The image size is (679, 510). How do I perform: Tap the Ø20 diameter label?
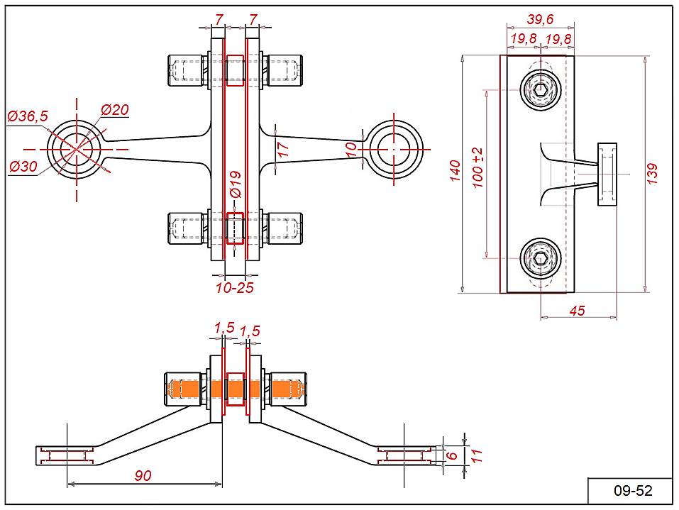coord(114,109)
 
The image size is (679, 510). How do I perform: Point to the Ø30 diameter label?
coord(24,167)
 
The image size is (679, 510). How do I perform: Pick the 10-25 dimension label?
coord(235,287)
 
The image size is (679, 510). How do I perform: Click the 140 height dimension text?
coord(456,171)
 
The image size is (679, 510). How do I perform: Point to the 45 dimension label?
coord(578,309)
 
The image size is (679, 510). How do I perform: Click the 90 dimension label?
coord(143,475)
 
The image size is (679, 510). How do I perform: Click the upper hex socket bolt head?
coord(541,89)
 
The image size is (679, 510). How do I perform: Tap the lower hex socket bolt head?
coord(541,257)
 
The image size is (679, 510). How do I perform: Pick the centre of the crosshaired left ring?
coord(76,150)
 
